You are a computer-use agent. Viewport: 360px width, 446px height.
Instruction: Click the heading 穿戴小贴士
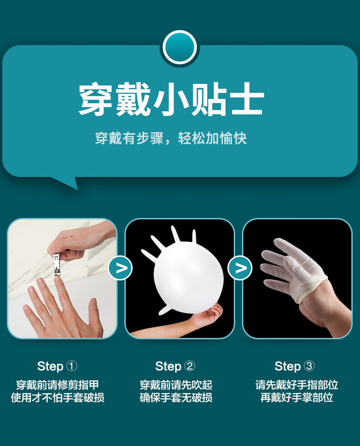(171, 99)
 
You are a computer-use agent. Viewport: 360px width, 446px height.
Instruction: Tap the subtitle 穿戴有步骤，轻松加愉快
(171, 139)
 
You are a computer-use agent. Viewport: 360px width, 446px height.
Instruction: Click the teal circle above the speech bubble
(180, 47)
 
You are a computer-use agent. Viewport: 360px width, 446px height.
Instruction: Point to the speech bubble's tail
(67, 182)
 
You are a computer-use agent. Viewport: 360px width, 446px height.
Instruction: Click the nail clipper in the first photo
(57, 264)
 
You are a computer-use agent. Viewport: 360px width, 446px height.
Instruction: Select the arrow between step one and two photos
(120, 268)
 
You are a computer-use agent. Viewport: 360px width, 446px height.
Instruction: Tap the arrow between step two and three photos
(240, 268)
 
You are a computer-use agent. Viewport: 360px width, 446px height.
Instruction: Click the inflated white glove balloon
(185, 273)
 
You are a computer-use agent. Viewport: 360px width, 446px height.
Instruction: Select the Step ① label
(57, 366)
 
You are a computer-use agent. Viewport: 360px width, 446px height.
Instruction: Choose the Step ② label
(175, 366)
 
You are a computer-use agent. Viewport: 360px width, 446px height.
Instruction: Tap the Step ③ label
(294, 366)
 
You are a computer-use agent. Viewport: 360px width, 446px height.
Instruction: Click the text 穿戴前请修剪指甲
(57, 385)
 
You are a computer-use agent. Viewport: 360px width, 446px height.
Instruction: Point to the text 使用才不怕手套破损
(57, 397)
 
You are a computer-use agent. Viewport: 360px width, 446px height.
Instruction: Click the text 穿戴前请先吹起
(176, 385)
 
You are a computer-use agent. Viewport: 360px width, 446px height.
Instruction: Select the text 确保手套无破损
(176, 397)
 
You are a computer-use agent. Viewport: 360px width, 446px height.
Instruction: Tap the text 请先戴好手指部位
(297, 385)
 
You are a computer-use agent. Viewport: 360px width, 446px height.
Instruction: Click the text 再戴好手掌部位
(297, 397)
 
